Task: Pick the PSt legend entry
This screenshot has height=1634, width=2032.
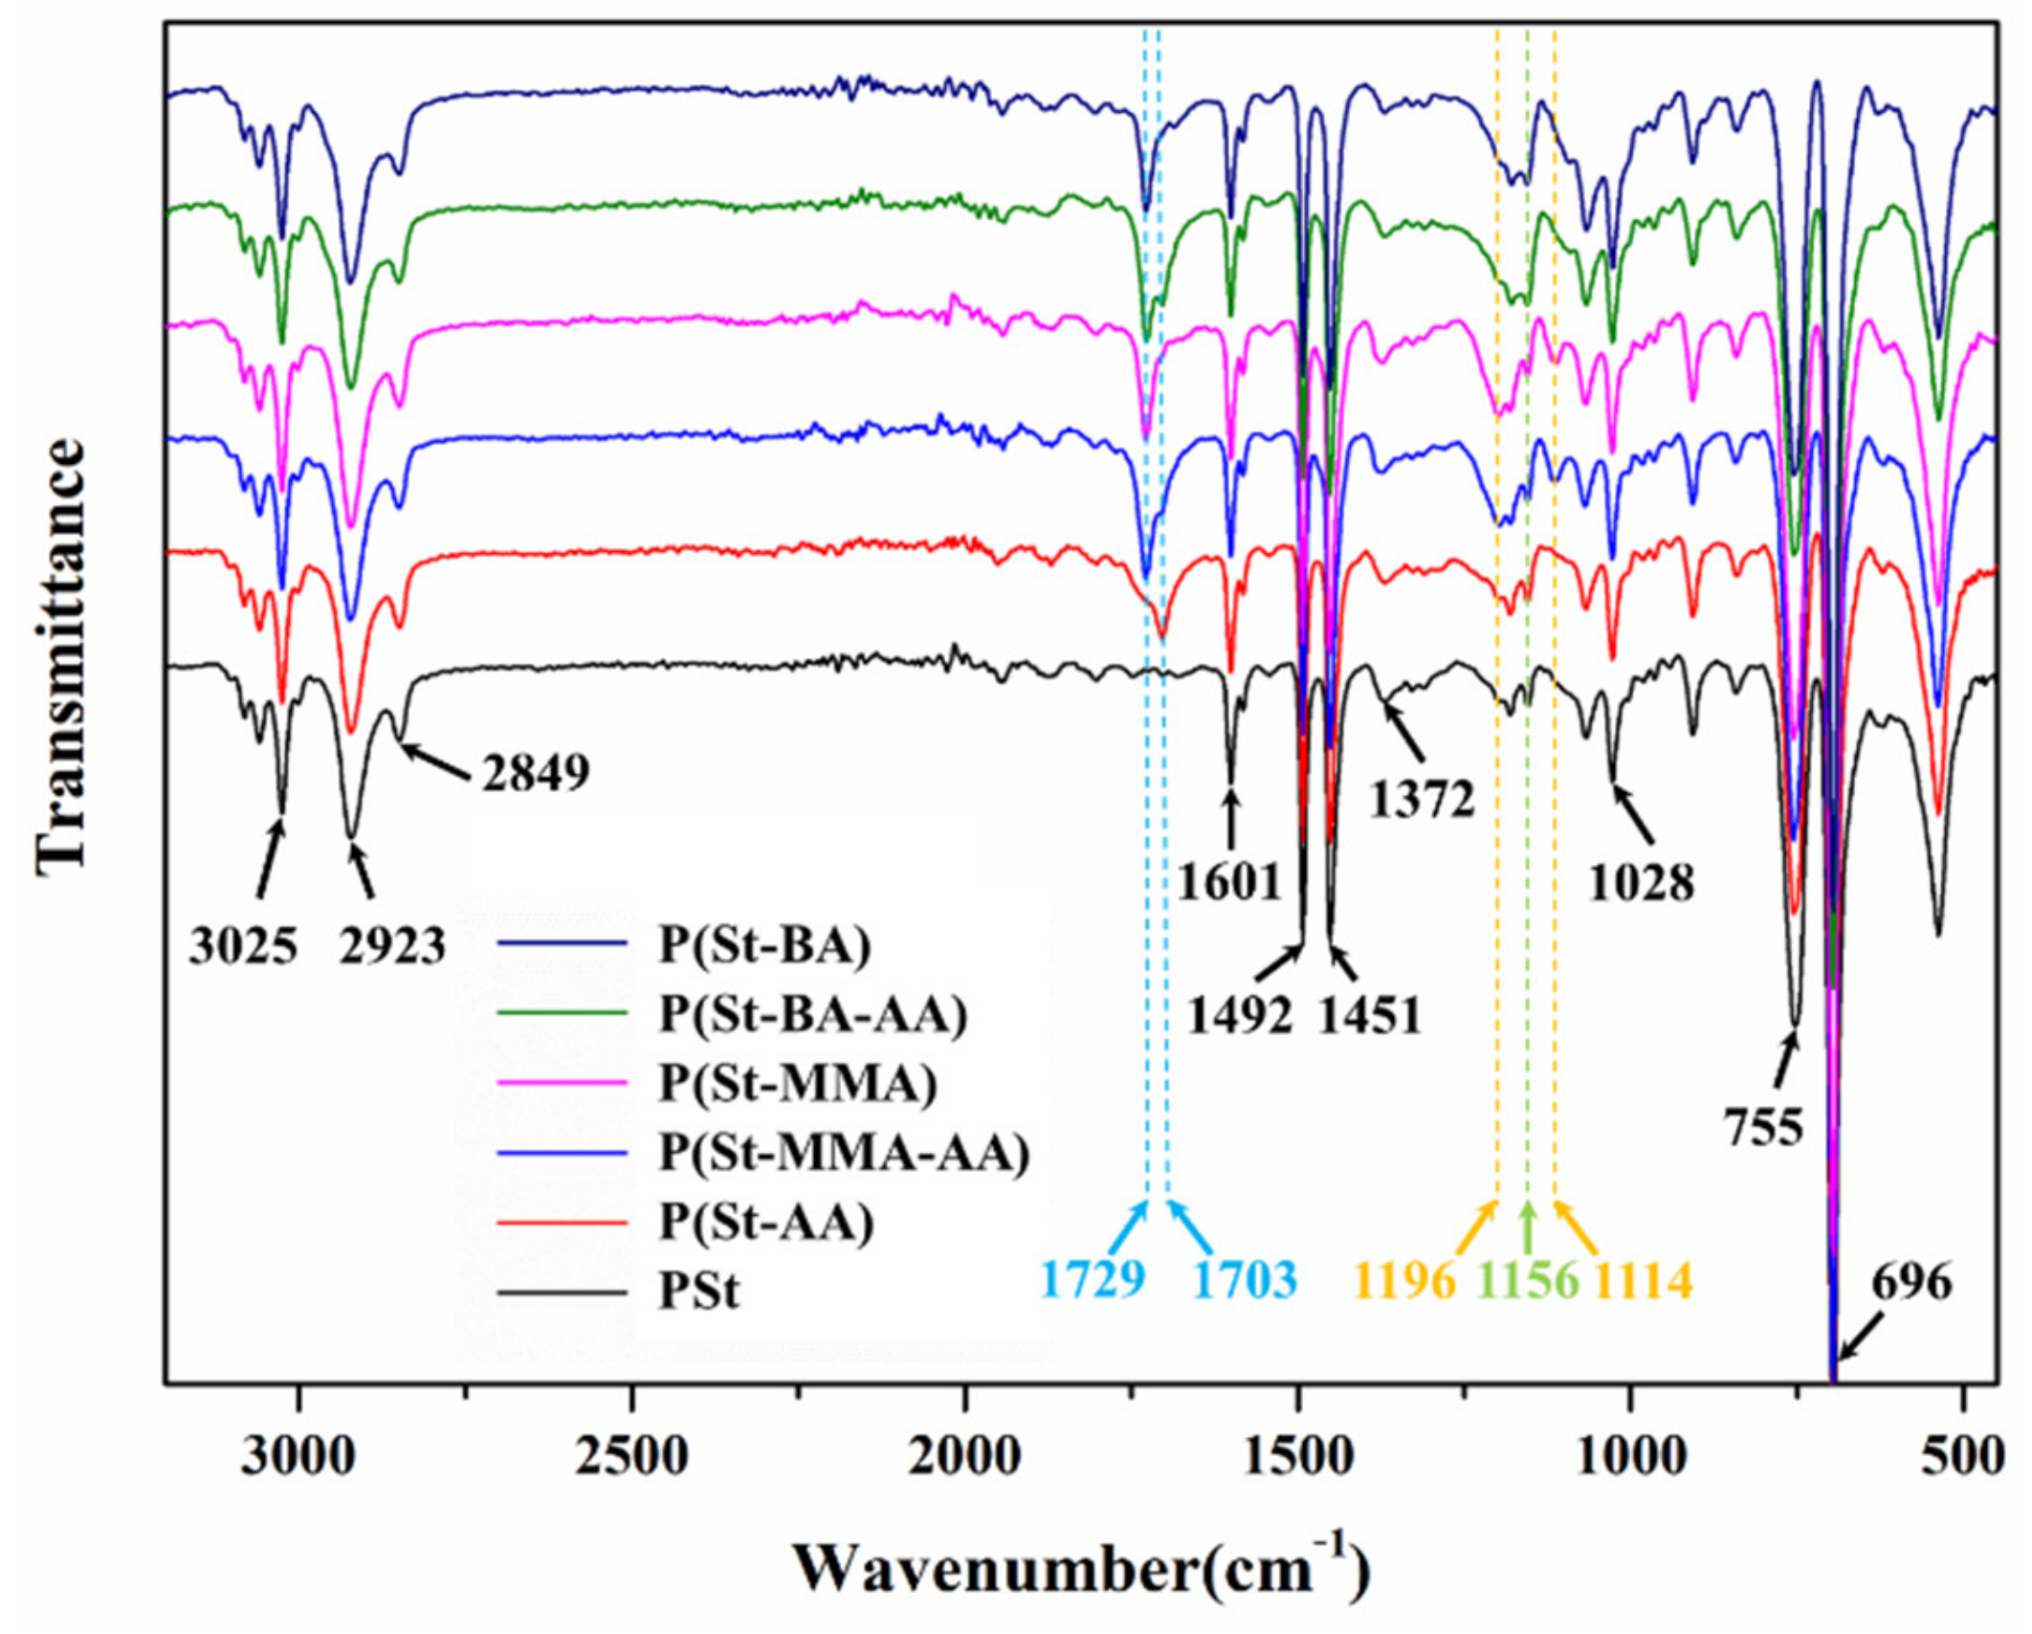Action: click(699, 1292)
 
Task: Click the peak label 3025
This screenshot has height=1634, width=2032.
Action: click(243, 946)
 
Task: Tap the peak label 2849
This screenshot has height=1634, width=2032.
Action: click(536, 772)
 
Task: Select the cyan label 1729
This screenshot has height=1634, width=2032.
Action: click(1093, 1279)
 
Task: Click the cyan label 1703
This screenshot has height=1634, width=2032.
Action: click(1245, 1279)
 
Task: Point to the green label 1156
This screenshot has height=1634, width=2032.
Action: click(1528, 1279)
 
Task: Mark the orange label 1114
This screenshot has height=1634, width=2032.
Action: click(1644, 1279)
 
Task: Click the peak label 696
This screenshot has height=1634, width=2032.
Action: click(1911, 1282)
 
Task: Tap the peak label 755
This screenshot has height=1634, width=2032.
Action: click(1764, 1128)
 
